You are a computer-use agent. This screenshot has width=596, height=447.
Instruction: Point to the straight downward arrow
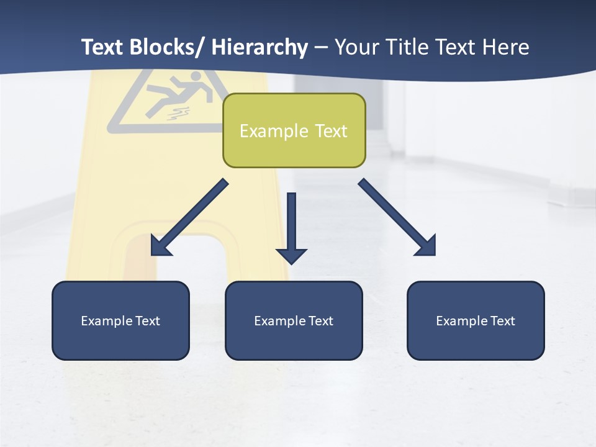click(x=291, y=223)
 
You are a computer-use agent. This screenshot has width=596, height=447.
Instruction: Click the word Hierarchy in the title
click(x=260, y=47)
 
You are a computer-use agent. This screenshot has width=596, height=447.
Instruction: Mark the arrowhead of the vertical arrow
click(x=291, y=255)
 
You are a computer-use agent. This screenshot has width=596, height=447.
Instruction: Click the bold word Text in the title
click(x=102, y=47)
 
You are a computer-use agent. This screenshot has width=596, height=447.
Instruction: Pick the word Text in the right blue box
click(x=502, y=321)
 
